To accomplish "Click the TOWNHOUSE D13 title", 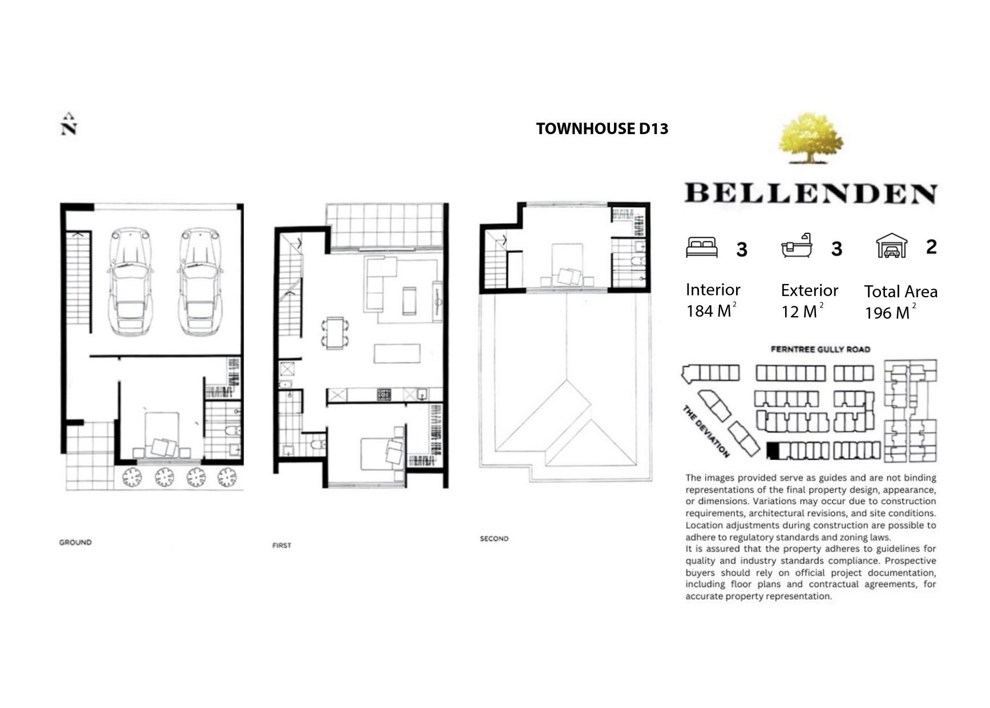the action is tap(602, 129).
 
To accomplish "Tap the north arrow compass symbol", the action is tap(68, 124).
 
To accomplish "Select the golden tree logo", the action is tap(810, 138).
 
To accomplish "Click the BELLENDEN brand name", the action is tap(811, 193).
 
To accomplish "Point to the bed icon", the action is tap(702, 248).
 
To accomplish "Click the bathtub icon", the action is tap(797, 246).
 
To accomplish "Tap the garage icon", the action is tap(891, 246).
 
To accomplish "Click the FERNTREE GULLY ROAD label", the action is tap(821, 349).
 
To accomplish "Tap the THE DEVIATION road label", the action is tap(706, 431).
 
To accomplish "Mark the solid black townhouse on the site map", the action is tap(773, 451).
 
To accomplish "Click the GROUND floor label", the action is tap(75, 542).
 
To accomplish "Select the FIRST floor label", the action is tap(282, 545).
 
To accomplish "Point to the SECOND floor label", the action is tap(494, 539).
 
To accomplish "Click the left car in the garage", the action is tap(130, 281).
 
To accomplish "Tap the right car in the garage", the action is tap(200, 281).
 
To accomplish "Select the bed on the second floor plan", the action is tap(567, 265).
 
